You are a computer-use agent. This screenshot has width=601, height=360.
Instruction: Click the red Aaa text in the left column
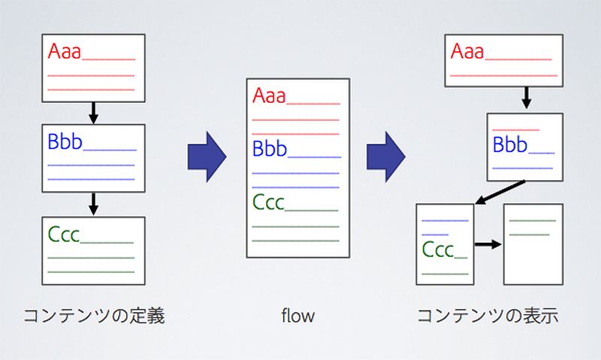pyautogui.click(x=65, y=51)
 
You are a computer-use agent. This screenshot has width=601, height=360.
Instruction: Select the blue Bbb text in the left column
pyautogui.click(x=65, y=141)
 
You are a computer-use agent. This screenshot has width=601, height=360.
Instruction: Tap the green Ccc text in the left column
pyautogui.click(x=64, y=234)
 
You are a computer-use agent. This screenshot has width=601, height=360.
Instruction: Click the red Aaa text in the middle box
pyautogui.click(x=269, y=95)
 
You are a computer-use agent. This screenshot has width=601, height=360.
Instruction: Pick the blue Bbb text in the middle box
pyautogui.click(x=270, y=148)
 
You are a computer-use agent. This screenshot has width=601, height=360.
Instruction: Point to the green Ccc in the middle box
pyautogui.click(x=268, y=202)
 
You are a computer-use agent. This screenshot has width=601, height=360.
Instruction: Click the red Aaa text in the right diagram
pyautogui.click(x=467, y=51)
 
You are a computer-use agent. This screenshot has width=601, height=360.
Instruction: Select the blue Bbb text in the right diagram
pyautogui.click(x=510, y=144)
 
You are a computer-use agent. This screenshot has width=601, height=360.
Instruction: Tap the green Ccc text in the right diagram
pyautogui.click(x=438, y=250)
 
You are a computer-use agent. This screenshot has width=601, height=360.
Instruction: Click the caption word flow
pyautogui.click(x=297, y=316)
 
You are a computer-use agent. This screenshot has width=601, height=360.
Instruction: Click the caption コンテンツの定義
pyautogui.click(x=95, y=316)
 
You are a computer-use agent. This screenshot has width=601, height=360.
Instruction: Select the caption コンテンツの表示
pyautogui.click(x=488, y=316)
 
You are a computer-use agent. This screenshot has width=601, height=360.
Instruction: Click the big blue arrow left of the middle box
pyautogui.click(x=207, y=157)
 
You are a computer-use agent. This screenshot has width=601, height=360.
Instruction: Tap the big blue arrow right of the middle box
pyautogui.click(x=386, y=157)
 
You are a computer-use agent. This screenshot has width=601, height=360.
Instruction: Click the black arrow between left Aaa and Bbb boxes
pyautogui.click(x=93, y=113)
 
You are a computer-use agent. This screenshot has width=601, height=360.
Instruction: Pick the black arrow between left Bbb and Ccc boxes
pyautogui.click(x=93, y=204)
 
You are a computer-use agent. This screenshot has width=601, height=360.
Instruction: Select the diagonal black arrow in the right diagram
pyautogui.click(x=500, y=192)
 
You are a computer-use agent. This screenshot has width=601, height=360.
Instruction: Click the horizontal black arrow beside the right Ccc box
pyautogui.click(x=488, y=244)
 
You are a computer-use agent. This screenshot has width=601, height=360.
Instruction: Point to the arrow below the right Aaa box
pyautogui.click(x=527, y=98)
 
